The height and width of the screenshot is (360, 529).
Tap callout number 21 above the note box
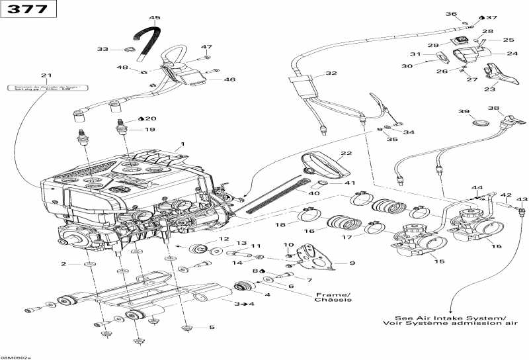pyautogui.click(x=46, y=75)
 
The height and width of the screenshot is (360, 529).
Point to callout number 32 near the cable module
pyautogui.click(x=331, y=73)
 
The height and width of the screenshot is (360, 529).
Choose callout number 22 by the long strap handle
pyautogui.click(x=345, y=153)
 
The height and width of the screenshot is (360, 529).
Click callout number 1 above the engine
pyautogui.click(x=183, y=144)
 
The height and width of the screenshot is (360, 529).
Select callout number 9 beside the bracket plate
pyautogui.click(x=352, y=263)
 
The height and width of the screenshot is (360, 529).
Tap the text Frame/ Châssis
pyautogui.click(x=333, y=297)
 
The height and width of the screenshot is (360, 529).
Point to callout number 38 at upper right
pyautogui.click(x=494, y=108)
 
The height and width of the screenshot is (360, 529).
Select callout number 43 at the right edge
pyautogui.click(x=522, y=199)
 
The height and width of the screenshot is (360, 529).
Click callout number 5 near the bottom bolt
pyautogui.click(x=212, y=328)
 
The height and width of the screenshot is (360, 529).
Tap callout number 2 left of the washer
pyautogui.click(x=64, y=264)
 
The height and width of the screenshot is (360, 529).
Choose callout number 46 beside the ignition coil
pyautogui.click(x=229, y=79)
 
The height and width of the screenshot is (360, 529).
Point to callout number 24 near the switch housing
pyautogui.click(x=512, y=54)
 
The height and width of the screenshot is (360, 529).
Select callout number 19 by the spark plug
pyautogui.click(x=149, y=130)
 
